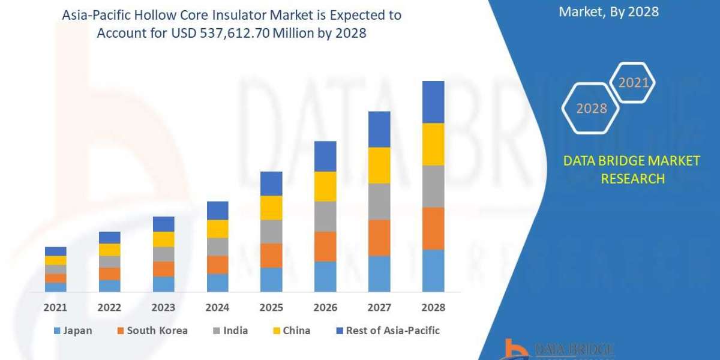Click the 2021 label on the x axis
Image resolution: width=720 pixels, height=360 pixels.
[x=55, y=307]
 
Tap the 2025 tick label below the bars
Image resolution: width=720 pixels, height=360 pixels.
[x=271, y=307]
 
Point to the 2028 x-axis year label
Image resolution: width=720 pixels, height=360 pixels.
[x=433, y=307]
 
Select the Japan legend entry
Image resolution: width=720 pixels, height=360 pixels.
[x=73, y=331]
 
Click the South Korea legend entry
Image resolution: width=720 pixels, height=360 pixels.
[x=152, y=331]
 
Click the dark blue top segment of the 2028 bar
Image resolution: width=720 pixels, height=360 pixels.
[x=433, y=102]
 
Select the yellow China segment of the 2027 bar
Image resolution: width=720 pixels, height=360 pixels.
[x=379, y=165]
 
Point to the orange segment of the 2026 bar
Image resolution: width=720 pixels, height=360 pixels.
[x=325, y=246]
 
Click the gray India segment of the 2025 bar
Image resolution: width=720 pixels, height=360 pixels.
[x=271, y=231]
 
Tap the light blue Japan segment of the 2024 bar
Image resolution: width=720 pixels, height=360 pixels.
[x=217, y=283]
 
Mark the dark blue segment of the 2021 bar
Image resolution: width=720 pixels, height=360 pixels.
[x=55, y=251]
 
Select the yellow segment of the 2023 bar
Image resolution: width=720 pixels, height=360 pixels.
[x=163, y=239]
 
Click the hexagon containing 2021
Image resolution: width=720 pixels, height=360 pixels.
[x=632, y=83]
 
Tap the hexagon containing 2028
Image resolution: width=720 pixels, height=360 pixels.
[x=590, y=109]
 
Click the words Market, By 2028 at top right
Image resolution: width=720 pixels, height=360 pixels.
[x=608, y=11]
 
